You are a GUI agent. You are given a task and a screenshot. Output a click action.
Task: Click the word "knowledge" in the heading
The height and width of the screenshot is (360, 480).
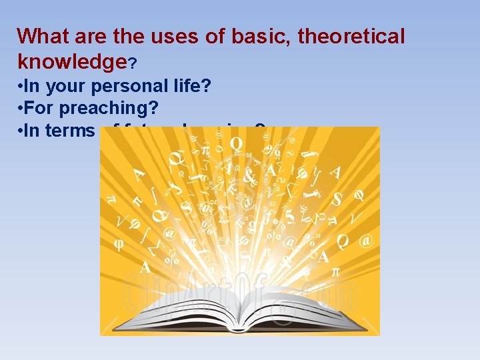coord(71,62)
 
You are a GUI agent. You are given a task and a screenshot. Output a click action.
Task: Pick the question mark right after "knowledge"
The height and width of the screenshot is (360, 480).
coord(133,64)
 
